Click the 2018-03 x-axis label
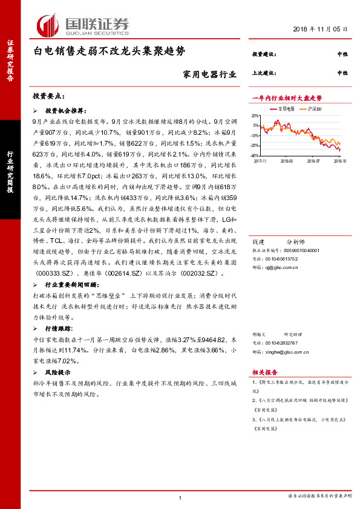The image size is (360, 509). (286, 161)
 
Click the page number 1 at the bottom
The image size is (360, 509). (180, 497)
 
